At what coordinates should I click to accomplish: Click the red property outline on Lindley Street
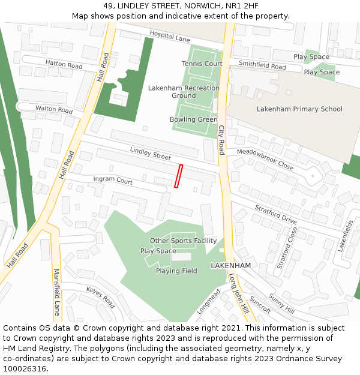pos(178,176)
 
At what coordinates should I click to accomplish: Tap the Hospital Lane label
pos(169,37)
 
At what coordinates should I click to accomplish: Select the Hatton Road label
pos(64,64)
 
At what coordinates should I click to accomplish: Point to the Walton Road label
pos(54,109)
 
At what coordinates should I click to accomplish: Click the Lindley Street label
pos(150,153)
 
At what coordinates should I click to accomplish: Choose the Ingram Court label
pos(113,180)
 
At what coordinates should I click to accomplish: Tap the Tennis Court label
pos(202,64)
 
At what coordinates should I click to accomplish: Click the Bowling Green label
pos(193,119)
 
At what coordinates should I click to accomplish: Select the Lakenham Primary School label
pos(299,109)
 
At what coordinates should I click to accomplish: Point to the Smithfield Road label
pos(262,65)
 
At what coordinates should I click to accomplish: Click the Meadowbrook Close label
pos(265,160)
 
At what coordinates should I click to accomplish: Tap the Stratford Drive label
pos(276,215)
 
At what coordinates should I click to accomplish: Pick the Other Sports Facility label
pos(183,241)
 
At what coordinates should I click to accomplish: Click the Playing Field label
pos(176,271)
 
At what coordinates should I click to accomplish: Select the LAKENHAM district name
pos(230,265)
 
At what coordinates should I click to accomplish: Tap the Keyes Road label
pos(100,297)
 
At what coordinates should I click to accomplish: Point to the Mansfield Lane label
pos(57,292)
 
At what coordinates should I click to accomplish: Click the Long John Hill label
pos(238,293)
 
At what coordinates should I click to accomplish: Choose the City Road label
pos(221,140)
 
